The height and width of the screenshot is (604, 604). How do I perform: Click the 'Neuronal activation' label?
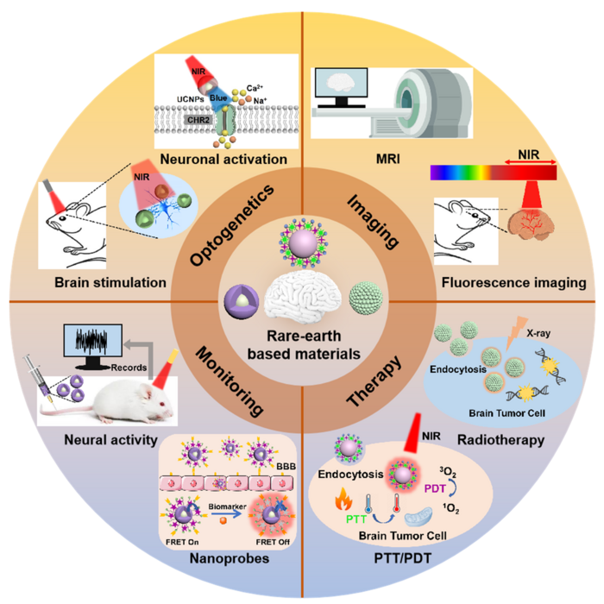click(225, 160)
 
